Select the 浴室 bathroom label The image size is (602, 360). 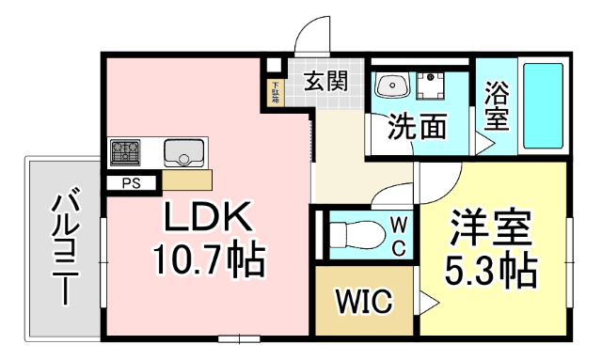(x=497, y=105)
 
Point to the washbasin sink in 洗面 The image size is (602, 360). (x=390, y=86)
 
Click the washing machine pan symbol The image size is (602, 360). (x=434, y=86)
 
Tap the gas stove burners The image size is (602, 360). (x=125, y=150)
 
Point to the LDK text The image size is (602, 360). (x=208, y=219)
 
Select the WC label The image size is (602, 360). (x=398, y=235)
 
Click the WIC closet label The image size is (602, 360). (x=362, y=303)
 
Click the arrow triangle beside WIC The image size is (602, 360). (x=426, y=303)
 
